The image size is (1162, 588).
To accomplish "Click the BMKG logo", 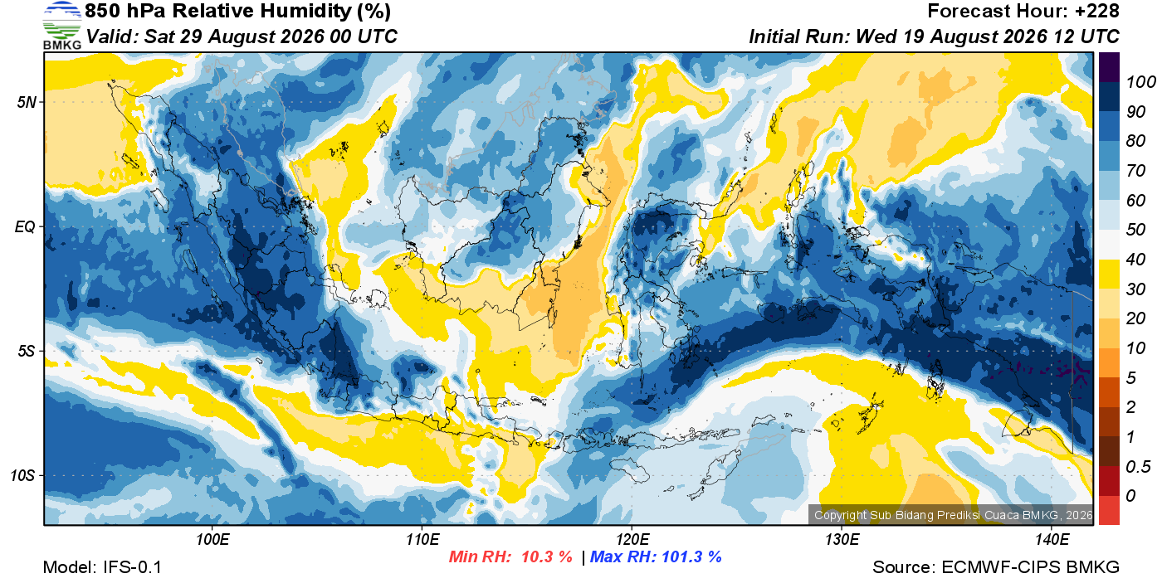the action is point(62,26).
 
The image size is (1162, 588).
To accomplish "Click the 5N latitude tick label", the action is point(27,102).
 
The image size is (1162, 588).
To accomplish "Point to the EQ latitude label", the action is point(25,226).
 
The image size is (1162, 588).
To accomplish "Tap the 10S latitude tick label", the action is point(22,475).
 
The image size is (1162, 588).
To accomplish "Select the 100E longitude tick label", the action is point(212,540).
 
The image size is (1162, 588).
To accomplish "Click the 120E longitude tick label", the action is point(632,540).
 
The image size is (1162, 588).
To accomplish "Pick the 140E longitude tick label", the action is point(1052,540).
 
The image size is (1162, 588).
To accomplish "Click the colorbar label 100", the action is point(1140,82).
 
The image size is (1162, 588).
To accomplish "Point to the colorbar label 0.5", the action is point(1138,467).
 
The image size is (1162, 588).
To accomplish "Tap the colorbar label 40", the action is point(1135,260).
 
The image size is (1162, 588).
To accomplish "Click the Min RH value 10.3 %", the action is point(546,556).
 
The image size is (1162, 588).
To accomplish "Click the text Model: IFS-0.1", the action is point(102,567).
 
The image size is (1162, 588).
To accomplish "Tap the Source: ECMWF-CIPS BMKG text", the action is point(996,567).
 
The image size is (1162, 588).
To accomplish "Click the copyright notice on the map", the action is point(953,515).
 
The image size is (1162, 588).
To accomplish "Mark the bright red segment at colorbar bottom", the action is point(1109,510).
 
